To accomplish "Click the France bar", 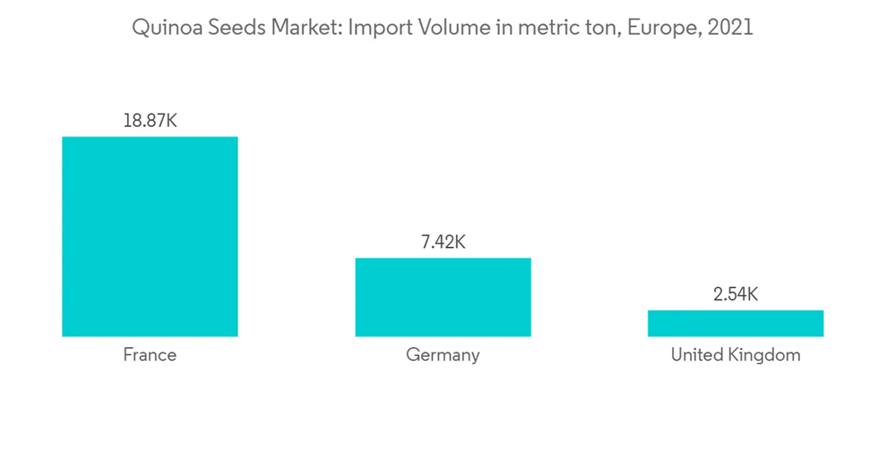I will (150, 236).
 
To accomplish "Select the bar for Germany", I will (443, 297).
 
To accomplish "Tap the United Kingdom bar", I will (736, 323).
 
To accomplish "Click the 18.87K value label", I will (150, 120).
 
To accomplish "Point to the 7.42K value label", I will (443, 242).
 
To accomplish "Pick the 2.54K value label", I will (736, 294).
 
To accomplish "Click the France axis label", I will (150, 355).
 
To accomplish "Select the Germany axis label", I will (443, 355).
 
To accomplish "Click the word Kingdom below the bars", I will (766, 355).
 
